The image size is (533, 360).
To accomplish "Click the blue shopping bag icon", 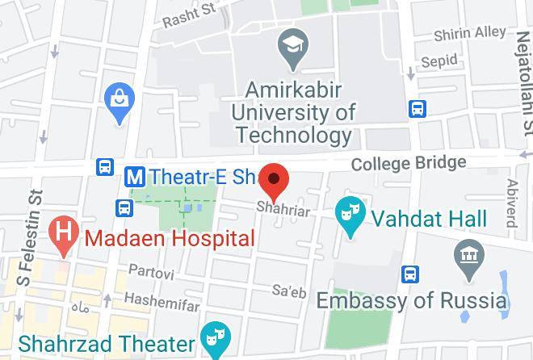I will click(x=120, y=103).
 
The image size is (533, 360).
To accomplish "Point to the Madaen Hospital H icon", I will click(x=64, y=236).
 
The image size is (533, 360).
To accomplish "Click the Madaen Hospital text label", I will click(x=170, y=238).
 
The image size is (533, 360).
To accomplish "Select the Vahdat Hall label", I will click(x=429, y=218).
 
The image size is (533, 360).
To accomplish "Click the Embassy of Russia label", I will click(x=411, y=301).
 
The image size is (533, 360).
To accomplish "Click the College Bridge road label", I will click(x=409, y=163).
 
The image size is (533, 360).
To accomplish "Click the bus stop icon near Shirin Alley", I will click(x=418, y=107).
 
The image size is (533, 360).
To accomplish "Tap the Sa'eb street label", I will click(x=289, y=291).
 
